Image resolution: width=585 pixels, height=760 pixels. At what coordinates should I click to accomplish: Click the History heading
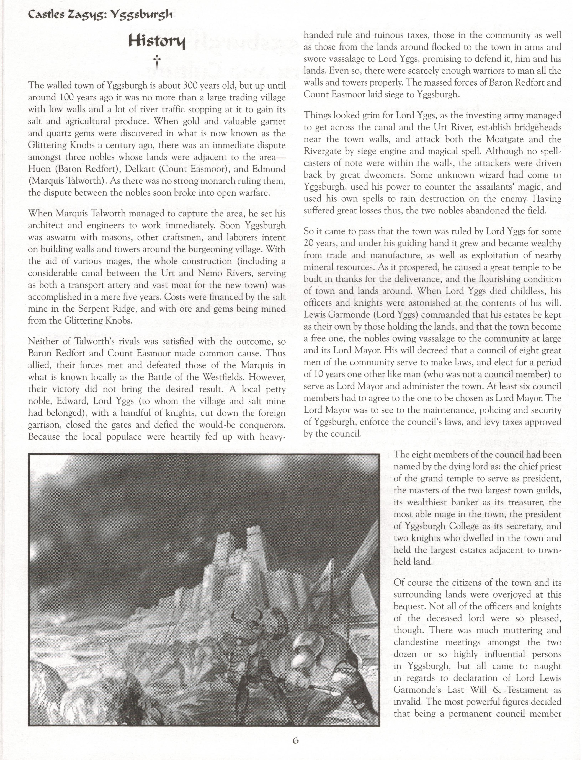(x=157, y=42)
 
